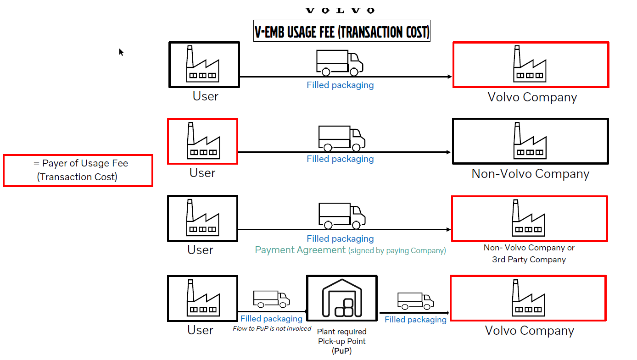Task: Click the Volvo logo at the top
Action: (340, 11)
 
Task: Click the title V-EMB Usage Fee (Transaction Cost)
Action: (342, 32)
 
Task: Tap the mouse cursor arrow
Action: (121, 52)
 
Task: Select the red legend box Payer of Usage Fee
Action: (78, 171)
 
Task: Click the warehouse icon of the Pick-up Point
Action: (342, 298)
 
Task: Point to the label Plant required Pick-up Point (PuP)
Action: (342, 341)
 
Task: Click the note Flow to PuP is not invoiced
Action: (272, 328)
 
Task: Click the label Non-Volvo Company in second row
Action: (530, 174)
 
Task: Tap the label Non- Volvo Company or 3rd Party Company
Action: (529, 254)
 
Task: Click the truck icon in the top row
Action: (340, 63)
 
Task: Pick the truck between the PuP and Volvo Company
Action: (415, 301)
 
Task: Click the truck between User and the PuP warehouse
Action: (271, 299)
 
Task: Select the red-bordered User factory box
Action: (202, 141)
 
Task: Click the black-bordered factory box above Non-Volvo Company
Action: (530, 141)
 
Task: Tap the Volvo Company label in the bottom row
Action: (529, 331)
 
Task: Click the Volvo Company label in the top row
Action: (532, 97)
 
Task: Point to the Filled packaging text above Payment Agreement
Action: (340, 238)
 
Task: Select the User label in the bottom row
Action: (200, 330)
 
